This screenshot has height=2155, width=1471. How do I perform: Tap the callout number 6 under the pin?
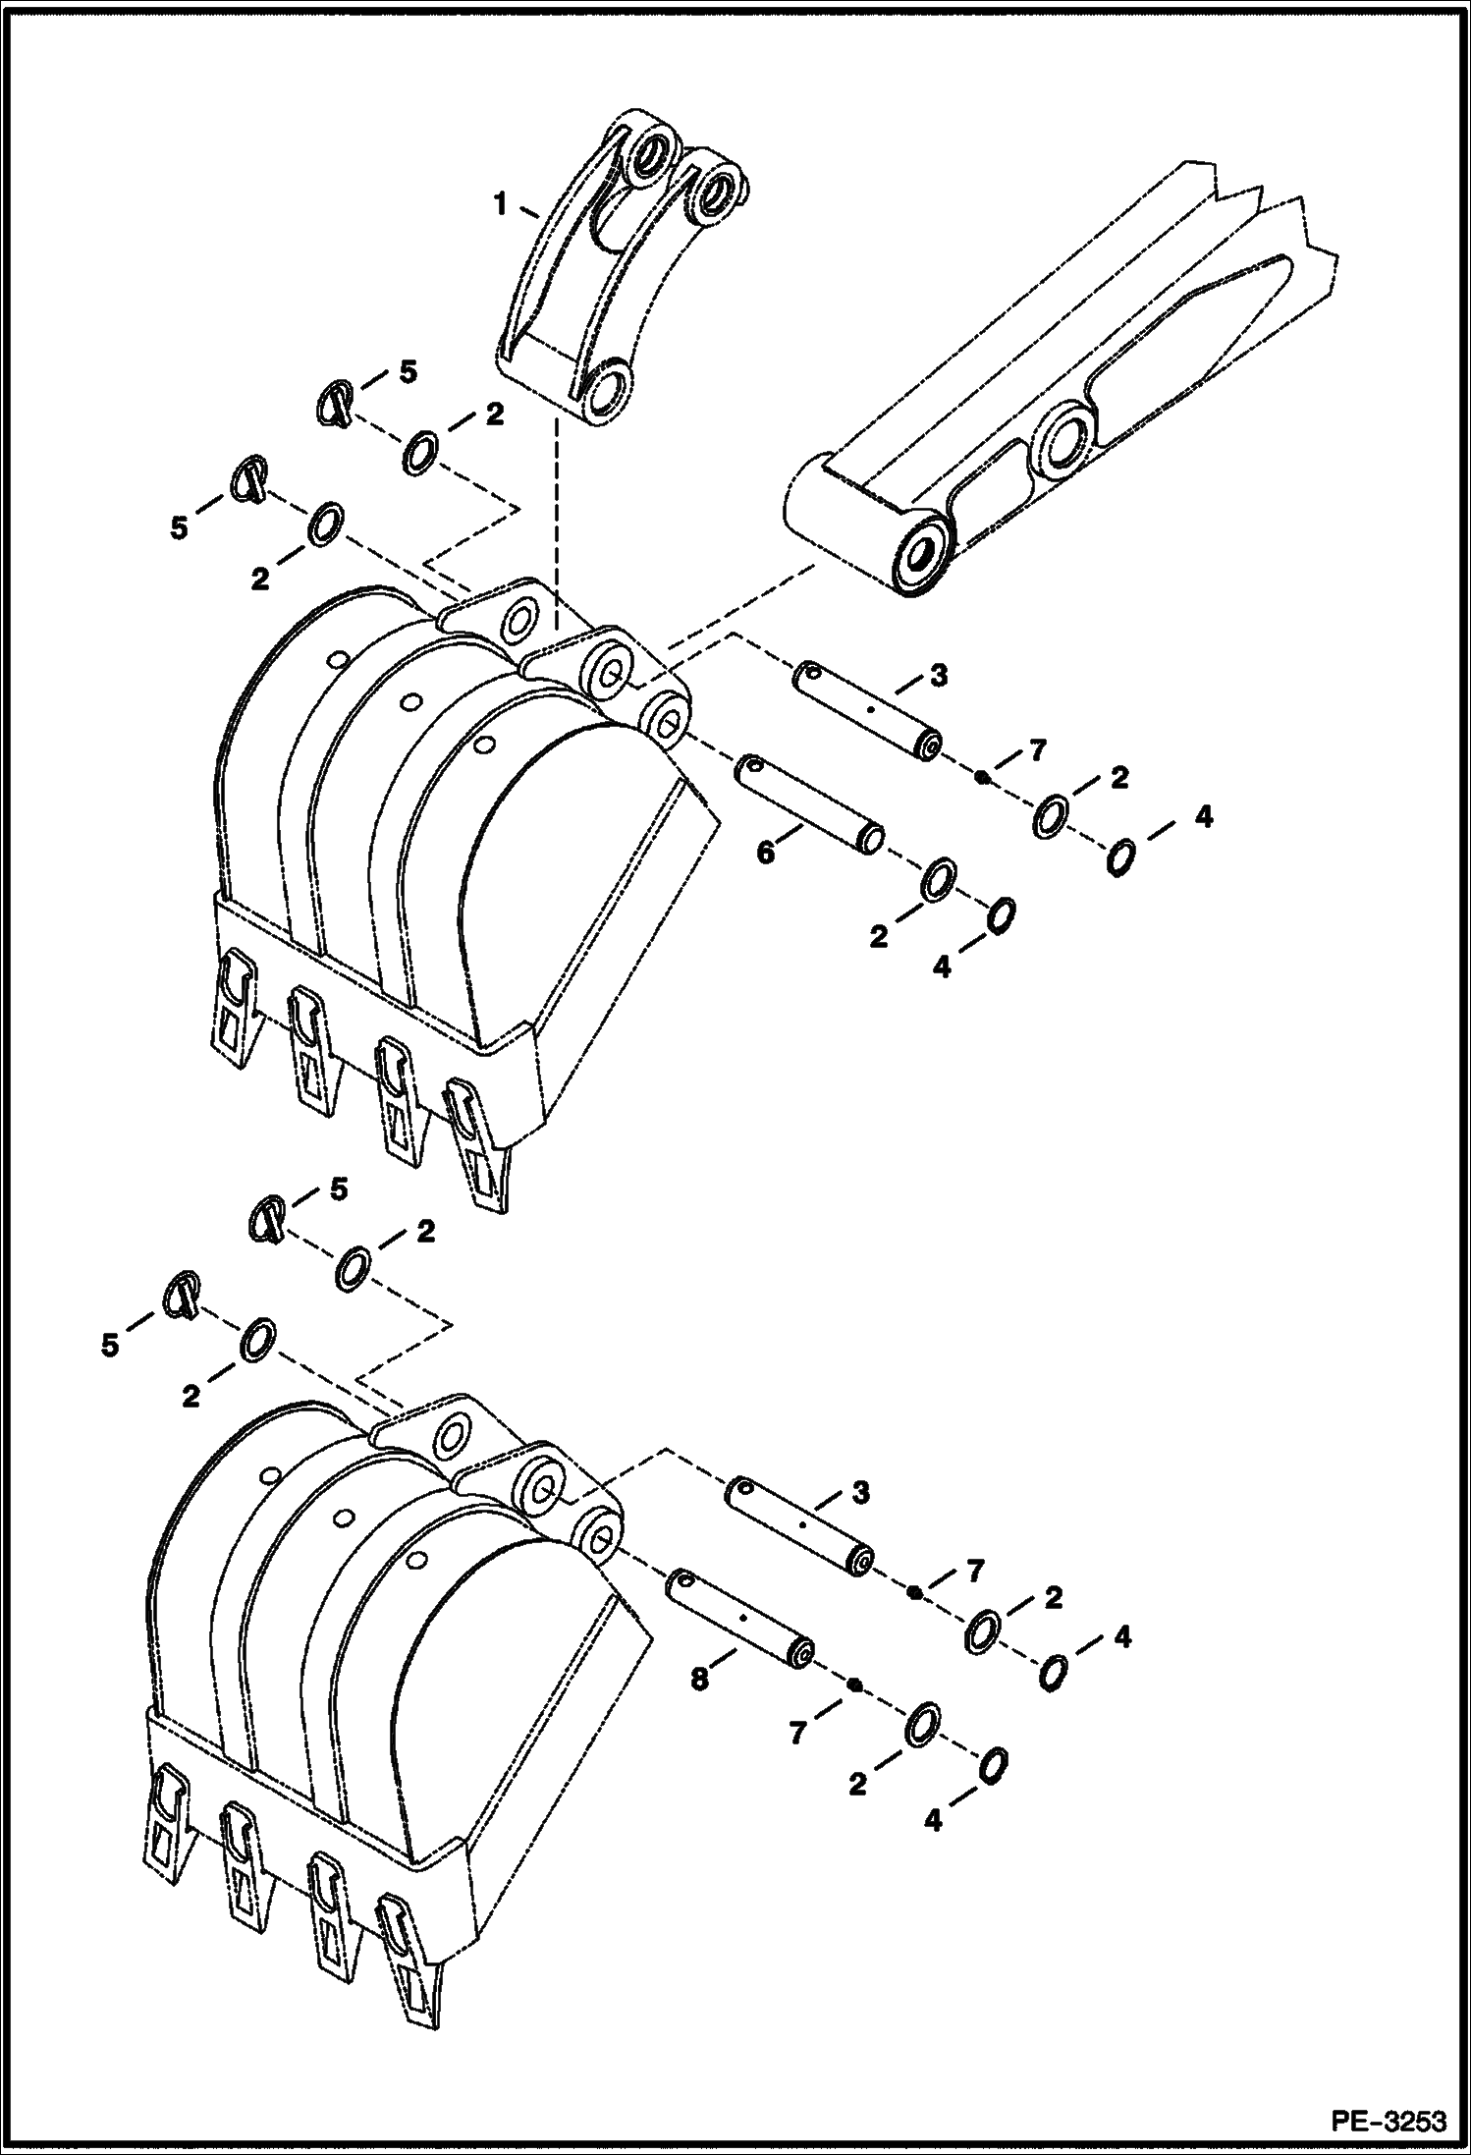765,852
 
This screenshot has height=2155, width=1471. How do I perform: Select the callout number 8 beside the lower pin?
698,1680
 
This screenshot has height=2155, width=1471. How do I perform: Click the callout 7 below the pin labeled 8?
797,1735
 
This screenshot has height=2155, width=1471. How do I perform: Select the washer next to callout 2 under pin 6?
940,878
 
